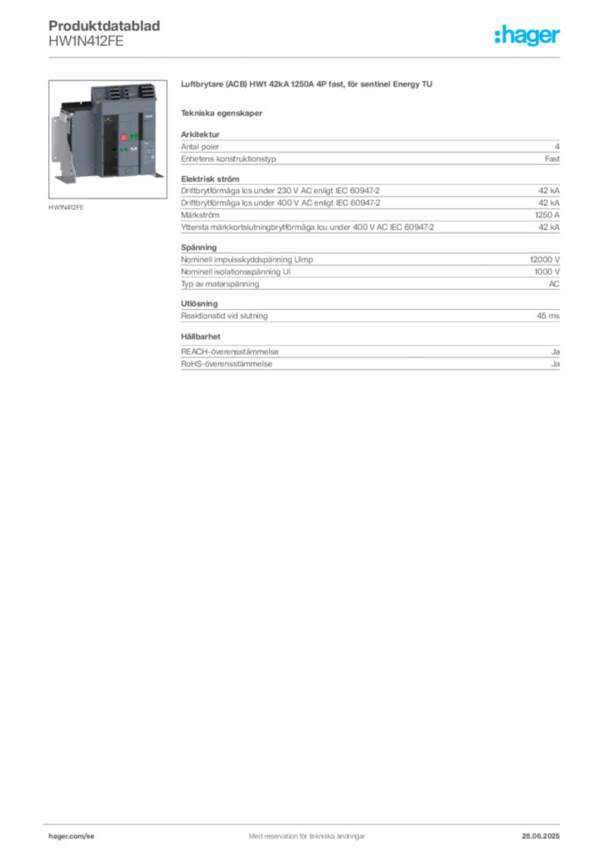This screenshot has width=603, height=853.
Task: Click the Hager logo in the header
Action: point(527,35)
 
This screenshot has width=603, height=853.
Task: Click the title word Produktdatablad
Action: point(104,26)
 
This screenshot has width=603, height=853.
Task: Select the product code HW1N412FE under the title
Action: point(86,42)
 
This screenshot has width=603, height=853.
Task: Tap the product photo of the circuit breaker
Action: point(107,139)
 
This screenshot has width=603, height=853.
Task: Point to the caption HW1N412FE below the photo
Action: point(66,207)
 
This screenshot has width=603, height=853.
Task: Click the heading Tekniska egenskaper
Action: point(222,113)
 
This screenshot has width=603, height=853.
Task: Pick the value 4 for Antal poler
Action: point(557,147)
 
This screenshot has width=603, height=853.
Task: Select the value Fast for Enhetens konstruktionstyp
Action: point(552,159)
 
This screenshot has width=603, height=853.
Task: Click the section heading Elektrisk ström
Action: point(210,179)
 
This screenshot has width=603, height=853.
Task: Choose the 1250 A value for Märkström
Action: point(547,215)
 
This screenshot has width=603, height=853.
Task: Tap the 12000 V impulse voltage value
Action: point(545,260)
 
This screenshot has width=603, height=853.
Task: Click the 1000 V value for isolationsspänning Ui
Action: point(547,272)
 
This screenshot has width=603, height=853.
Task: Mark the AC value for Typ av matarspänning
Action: point(554,284)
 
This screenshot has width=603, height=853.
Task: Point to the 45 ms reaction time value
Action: point(548,316)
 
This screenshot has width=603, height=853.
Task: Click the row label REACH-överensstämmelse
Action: point(229,352)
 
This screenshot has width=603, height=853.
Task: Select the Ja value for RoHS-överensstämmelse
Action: point(556,364)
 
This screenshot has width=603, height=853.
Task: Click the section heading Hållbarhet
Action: point(201,337)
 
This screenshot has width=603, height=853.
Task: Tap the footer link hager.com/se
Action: point(72,836)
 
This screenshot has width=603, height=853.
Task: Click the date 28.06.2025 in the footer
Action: point(541,836)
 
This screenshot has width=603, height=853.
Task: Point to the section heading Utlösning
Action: point(199,303)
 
